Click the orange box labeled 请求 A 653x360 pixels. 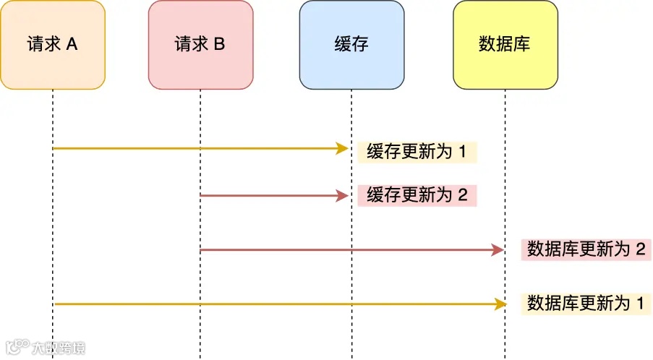click(x=53, y=45)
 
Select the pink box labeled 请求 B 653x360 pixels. click(x=200, y=45)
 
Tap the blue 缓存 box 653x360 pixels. click(x=351, y=45)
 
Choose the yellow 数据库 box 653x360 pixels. click(x=505, y=45)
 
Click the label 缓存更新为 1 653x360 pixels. click(x=417, y=153)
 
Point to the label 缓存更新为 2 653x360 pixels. click(x=417, y=195)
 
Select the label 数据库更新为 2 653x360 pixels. click(x=586, y=249)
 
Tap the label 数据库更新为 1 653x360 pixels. click(x=586, y=303)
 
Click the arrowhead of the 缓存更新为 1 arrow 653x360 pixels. click(x=343, y=148)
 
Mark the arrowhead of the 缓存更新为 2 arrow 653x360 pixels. click(x=343, y=195)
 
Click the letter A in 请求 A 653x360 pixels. click(x=72, y=45)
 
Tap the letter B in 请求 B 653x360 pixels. click(x=219, y=45)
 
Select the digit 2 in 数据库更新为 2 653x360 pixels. click(x=639, y=249)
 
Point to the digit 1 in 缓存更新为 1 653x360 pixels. click(x=464, y=153)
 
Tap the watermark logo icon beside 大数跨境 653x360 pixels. click(x=16, y=347)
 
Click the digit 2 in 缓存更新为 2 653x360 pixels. click(x=464, y=195)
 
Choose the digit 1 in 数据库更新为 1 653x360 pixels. click(x=639, y=303)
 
